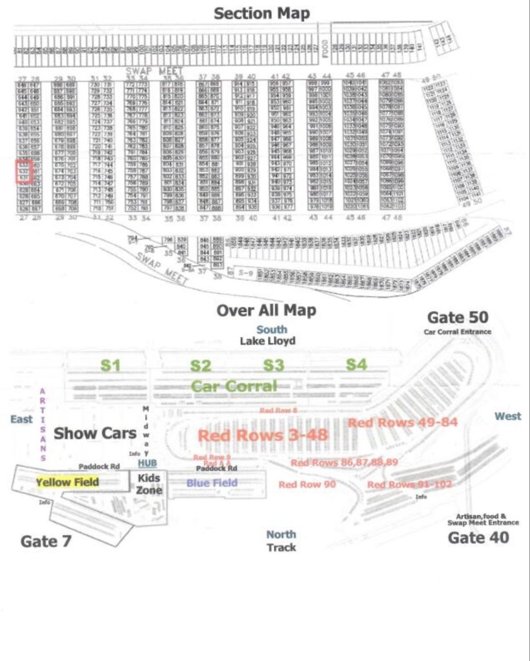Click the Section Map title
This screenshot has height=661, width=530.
(261, 13)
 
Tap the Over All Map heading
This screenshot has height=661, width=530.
(266, 310)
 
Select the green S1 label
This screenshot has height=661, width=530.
(111, 365)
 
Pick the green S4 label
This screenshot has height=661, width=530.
(356, 365)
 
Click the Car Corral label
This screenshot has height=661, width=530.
(234, 386)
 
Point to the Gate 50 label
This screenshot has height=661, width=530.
(458, 318)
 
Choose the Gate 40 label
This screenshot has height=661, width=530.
(478, 538)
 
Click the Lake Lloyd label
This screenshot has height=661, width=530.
(267, 341)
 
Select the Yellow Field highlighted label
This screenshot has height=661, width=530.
(67, 482)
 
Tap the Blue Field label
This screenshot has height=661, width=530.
(212, 482)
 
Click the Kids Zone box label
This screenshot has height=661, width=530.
(150, 484)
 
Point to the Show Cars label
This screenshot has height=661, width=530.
(95, 433)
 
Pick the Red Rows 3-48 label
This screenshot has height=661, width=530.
(263, 435)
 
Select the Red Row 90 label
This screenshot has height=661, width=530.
(307, 484)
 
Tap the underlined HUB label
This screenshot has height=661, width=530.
(147, 463)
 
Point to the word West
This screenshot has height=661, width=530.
(507, 416)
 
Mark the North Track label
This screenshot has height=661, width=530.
(281, 541)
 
